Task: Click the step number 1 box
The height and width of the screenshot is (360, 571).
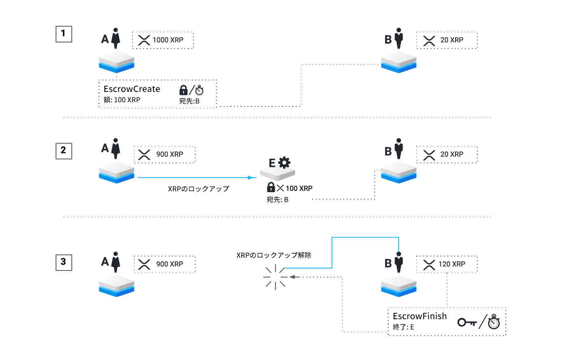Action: point(64,34)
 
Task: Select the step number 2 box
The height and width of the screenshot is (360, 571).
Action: point(64,151)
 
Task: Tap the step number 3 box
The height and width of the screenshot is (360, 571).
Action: point(64,262)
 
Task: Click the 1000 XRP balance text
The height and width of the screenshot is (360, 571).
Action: point(168,40)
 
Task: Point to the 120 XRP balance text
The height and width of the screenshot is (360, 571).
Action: point(452,264)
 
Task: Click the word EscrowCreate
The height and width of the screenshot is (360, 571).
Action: point(132,89)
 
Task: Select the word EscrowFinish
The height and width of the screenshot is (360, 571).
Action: point(420,316)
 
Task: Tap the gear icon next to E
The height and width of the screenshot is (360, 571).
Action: point(284,162)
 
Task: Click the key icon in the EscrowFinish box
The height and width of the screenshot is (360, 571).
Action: point(467,322)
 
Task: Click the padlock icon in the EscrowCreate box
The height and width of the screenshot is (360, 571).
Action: point(184,90)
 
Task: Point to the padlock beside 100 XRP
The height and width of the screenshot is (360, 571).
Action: point(271,188)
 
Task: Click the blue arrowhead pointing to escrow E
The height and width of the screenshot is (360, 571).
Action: point(250,177)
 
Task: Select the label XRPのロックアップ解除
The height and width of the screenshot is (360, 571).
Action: point(274,255)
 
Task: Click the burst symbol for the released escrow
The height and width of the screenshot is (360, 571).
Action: point(275,277)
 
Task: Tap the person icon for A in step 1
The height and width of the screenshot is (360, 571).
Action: point(116,38)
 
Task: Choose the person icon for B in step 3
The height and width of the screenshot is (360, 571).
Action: point(399,262)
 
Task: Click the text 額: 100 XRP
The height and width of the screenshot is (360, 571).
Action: point(122,100)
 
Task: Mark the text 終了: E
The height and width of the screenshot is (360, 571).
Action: point(403,327)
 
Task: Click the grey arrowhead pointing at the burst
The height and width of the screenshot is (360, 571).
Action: point(293,277)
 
